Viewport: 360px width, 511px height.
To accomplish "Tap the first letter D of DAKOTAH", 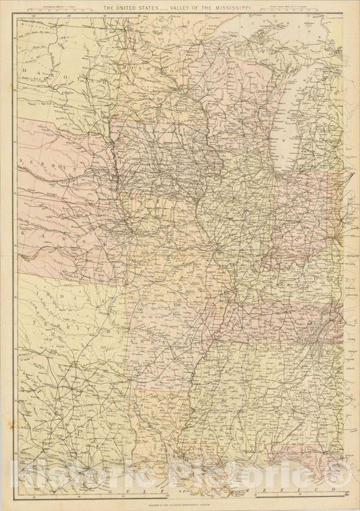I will coord(25,69).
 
